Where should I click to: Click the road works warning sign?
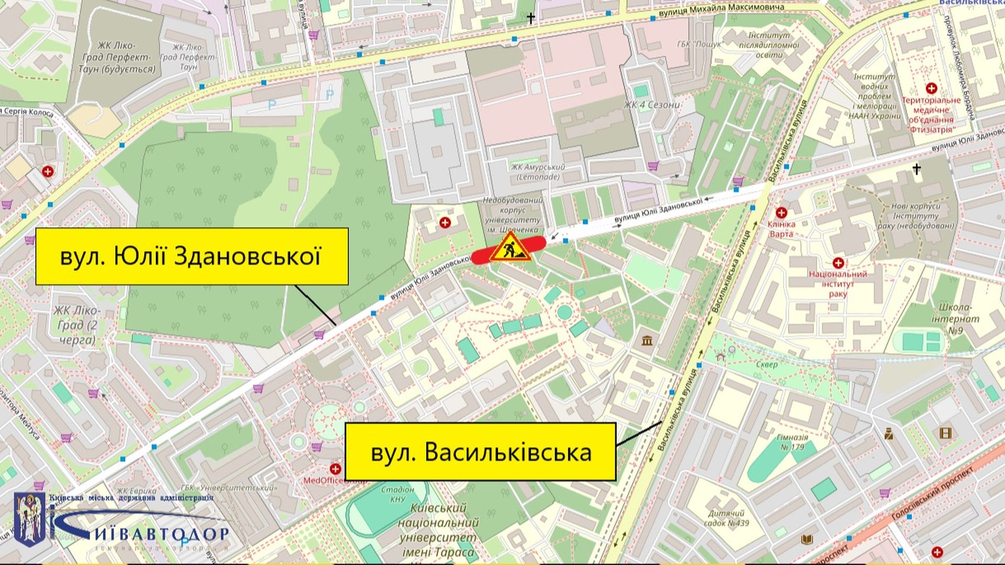click(x=510, y=247)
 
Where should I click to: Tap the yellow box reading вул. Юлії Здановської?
click(x=192, y=256)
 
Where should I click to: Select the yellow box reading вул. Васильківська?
click(x=480, y=452)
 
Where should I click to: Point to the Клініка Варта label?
click(x=781, y=229)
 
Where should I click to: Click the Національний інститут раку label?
click(x=837, y=284)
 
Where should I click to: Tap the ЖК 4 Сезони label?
click(x=652, y=105)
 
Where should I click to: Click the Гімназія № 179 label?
click(x=792, y=442)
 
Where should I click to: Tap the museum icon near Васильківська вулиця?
click(x=647, y=341)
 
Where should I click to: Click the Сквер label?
click(x=767, y=364)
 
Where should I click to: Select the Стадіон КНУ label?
click(x=398, y=494)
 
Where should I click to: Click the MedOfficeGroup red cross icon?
click(x=335, y=469)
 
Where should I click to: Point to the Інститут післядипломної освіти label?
click(x=769, y=45)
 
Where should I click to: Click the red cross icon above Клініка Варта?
click(x=781, y=212)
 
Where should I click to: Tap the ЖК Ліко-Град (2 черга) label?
click(x=77, y=325)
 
